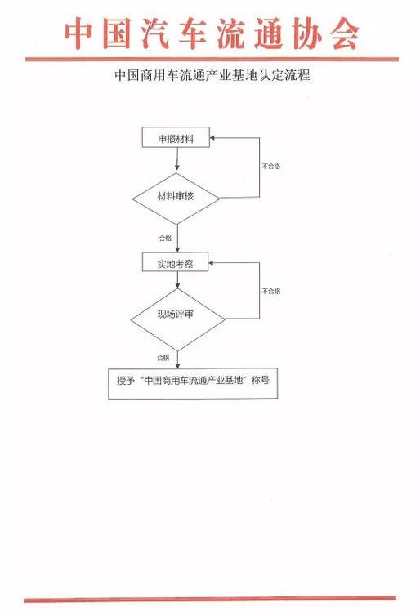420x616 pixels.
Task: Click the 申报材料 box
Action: (176, 137)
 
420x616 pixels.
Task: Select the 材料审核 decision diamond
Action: (176, 198)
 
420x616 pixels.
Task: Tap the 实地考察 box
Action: (175, 262)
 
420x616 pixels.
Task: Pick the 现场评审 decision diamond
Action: (177, 319)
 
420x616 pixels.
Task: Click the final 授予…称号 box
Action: (193, 383)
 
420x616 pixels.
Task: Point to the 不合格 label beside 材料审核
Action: (271, 166)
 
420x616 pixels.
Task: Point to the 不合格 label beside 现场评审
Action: (271, 291)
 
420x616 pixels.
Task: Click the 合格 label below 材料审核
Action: (165, 238)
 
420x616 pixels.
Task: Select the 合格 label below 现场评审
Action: (163, 358)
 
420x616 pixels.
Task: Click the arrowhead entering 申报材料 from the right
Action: (212, 138)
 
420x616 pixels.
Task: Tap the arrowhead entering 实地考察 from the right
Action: (211, 263)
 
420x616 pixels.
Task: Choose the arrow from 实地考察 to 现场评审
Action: (178, 280)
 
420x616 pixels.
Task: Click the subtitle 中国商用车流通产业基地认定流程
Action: (212, 74)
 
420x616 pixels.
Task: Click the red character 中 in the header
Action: (79, 33)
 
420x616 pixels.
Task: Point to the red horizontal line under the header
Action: (212, 60)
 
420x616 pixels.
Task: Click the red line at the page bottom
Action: (210, 600)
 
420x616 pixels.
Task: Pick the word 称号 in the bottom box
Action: (261, 380)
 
